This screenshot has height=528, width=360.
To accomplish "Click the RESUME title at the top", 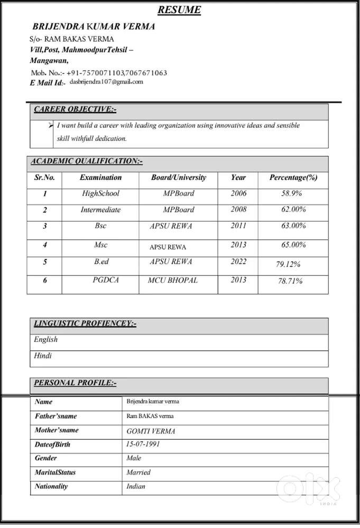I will tap(179, 10).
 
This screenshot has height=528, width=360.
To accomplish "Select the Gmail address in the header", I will tap(106, 82).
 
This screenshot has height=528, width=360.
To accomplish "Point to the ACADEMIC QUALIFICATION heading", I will tap(87, 161).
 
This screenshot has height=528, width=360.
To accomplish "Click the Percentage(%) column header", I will tap(293, 178).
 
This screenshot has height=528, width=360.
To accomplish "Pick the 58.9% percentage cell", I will tap(292, 194).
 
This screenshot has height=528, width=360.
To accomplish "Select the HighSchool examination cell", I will tap(100, 193).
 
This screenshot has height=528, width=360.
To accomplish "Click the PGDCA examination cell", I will tap(106, 280).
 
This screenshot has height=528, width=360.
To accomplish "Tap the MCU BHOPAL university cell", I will tap(172, 280).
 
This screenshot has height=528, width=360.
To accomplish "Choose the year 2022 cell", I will tap(238, 261).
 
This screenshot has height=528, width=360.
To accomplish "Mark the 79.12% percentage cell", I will tap(288, 264).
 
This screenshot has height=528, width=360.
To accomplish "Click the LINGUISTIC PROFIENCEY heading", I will tap(85, 323).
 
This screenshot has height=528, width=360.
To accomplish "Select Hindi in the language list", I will tap(43, 356).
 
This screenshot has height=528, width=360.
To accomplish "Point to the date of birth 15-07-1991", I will tap(143, 444).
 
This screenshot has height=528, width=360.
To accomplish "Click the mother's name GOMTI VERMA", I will tap(151, 431).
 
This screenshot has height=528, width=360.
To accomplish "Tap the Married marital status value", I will tap(139, 472).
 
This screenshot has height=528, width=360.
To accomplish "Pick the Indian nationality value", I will tap(136, 486).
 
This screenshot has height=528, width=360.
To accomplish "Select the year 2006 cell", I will tap(238, 193).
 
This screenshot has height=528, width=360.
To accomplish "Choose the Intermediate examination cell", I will tap(100, 210).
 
